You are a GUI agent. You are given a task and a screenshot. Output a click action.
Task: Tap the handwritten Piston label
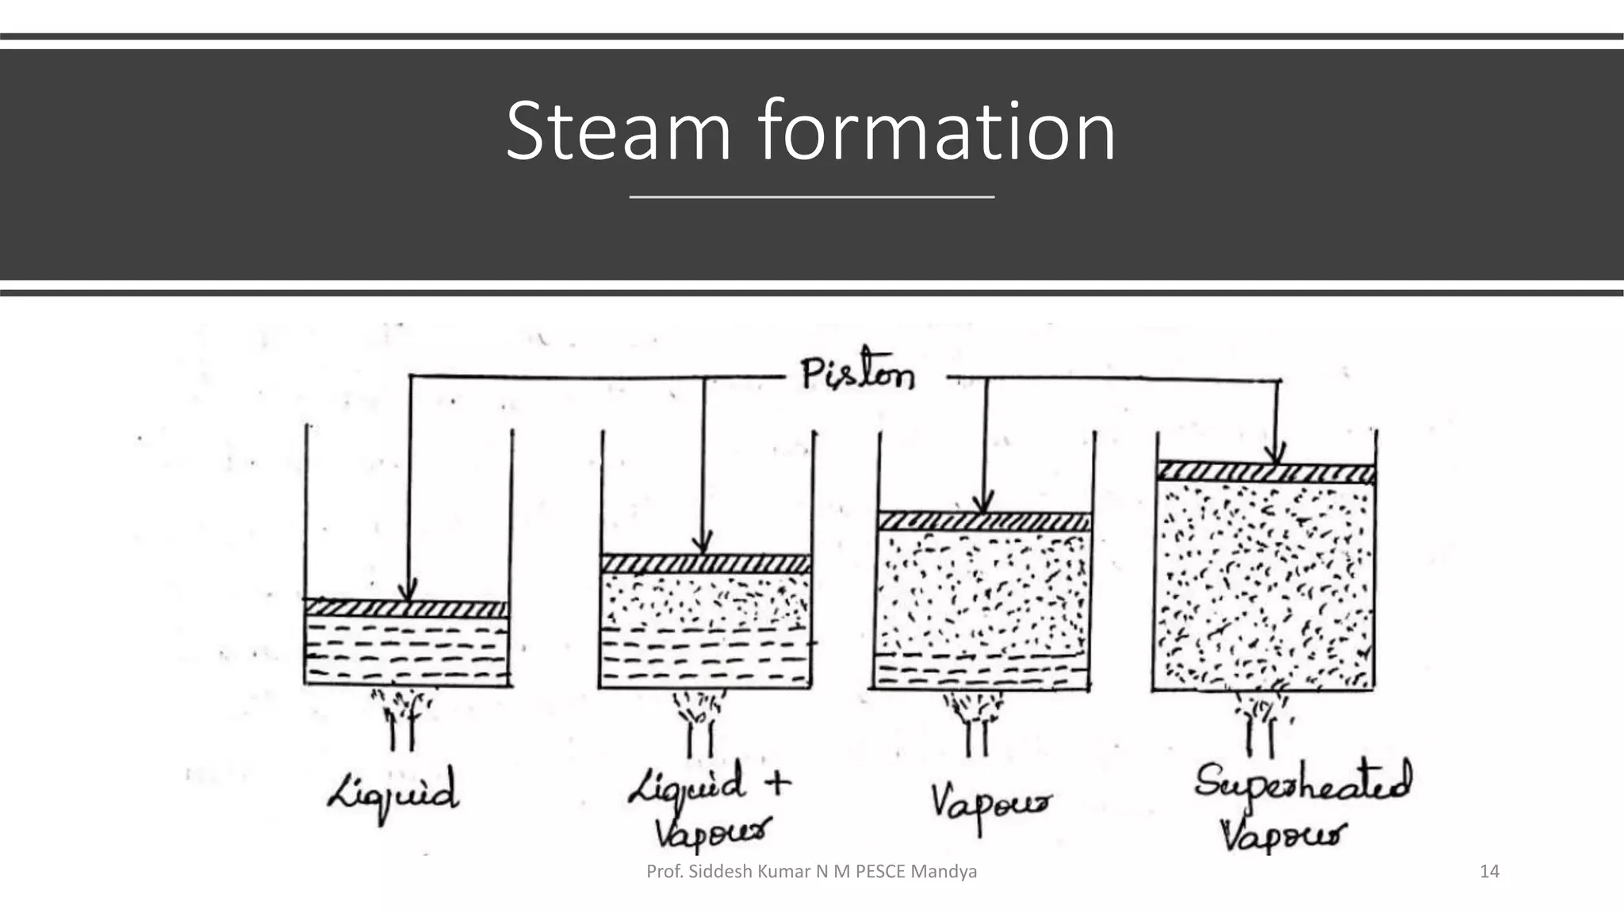tap(857, 373)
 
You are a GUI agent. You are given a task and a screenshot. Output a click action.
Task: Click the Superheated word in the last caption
tap(1303, 783)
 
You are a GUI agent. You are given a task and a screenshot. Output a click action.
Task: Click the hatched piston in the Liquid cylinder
tap(406, 609)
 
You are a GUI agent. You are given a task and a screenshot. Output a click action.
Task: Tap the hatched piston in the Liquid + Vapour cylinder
tap(705, 563)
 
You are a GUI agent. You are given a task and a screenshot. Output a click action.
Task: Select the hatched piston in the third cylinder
tap(983, 521)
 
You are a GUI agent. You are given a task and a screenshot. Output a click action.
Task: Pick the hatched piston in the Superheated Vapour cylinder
tap(1266, 472)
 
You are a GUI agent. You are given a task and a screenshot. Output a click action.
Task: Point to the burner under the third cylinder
tap(976, 721)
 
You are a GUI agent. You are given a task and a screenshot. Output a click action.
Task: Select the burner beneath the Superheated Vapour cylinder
tap(1261, 717)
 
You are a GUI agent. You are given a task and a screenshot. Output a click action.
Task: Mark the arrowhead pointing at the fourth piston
tap(1274, 456)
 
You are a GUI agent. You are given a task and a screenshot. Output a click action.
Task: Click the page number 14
tap(1489, 872)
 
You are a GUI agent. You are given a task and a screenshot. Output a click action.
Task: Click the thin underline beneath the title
tap(811, 196)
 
